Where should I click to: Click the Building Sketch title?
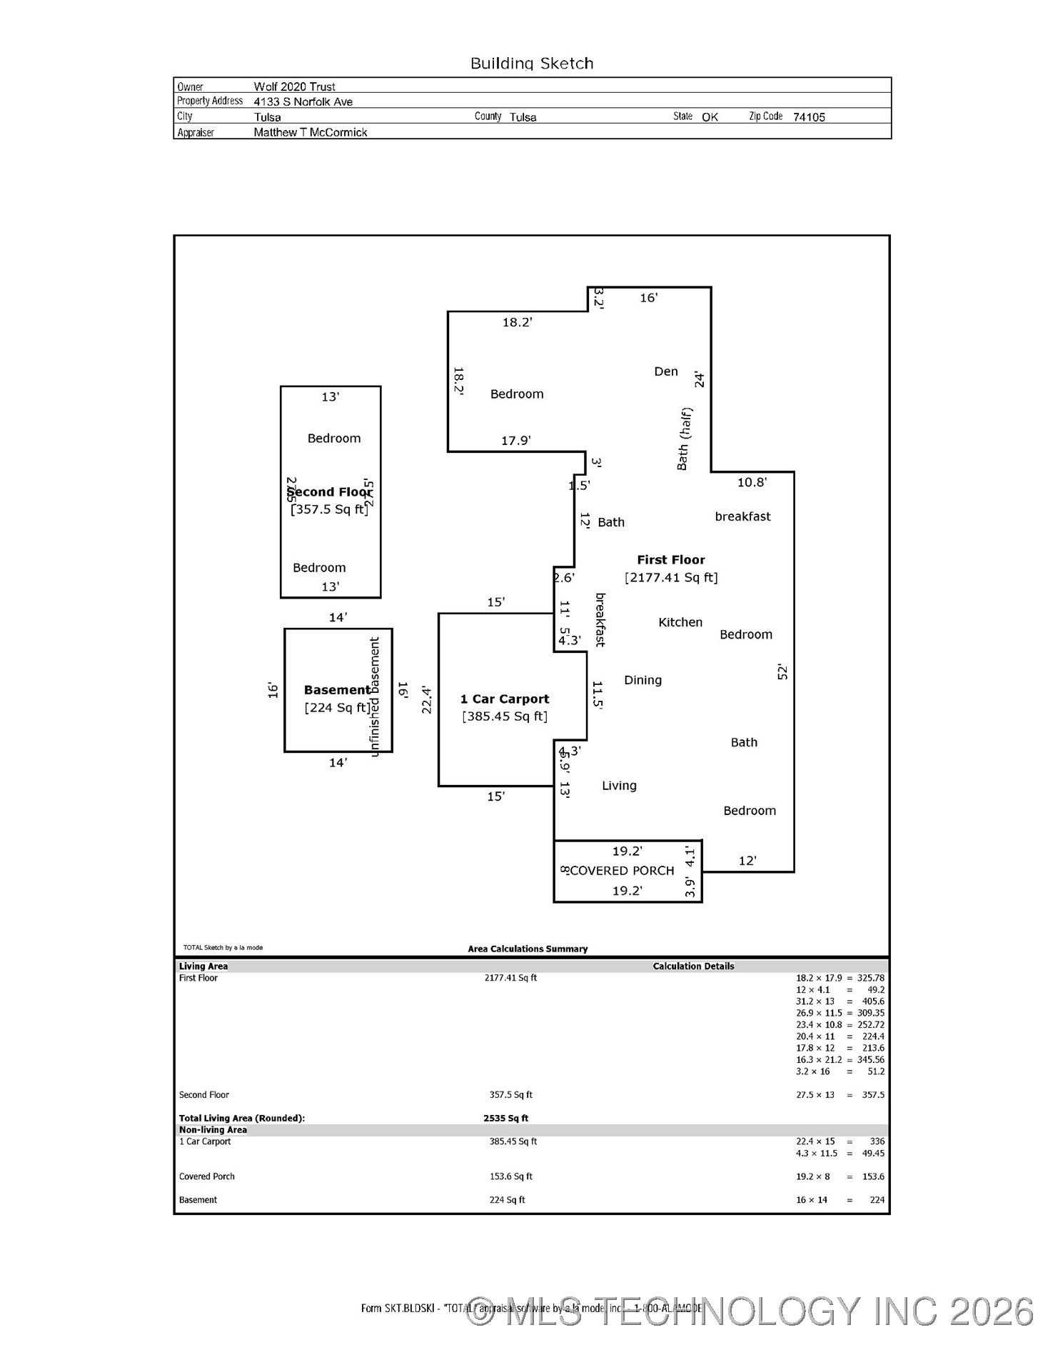(x=532, y=64)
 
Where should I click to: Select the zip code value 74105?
(x=808, y=117)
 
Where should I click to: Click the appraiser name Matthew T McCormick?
(x=311, y=132)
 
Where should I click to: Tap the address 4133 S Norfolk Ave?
(x=303, y=101)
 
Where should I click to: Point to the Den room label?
(x=665, y=371)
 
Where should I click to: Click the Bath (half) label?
(x=684, y=439)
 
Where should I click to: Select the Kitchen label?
(x=680, y=622)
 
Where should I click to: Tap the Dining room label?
(x=643, y=680)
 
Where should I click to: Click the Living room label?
(x=619, y=786)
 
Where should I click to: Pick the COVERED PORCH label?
(x=622, y=871)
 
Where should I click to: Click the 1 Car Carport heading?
(x=505, y=699)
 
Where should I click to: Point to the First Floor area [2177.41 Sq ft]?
(x=671, y=577)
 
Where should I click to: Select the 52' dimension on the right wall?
(x=782, y=671)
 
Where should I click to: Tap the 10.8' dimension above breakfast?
(x=752, y=483)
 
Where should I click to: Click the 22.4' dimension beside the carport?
(x=427, y=700)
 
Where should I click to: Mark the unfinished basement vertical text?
(x=375, y=697)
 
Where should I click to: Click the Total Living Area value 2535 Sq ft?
(x=505, y=1119)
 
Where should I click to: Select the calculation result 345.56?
(x=870, y=1060)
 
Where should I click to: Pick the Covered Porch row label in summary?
(x=207, y=1176)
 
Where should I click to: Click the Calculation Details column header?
(x=693, y=966)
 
